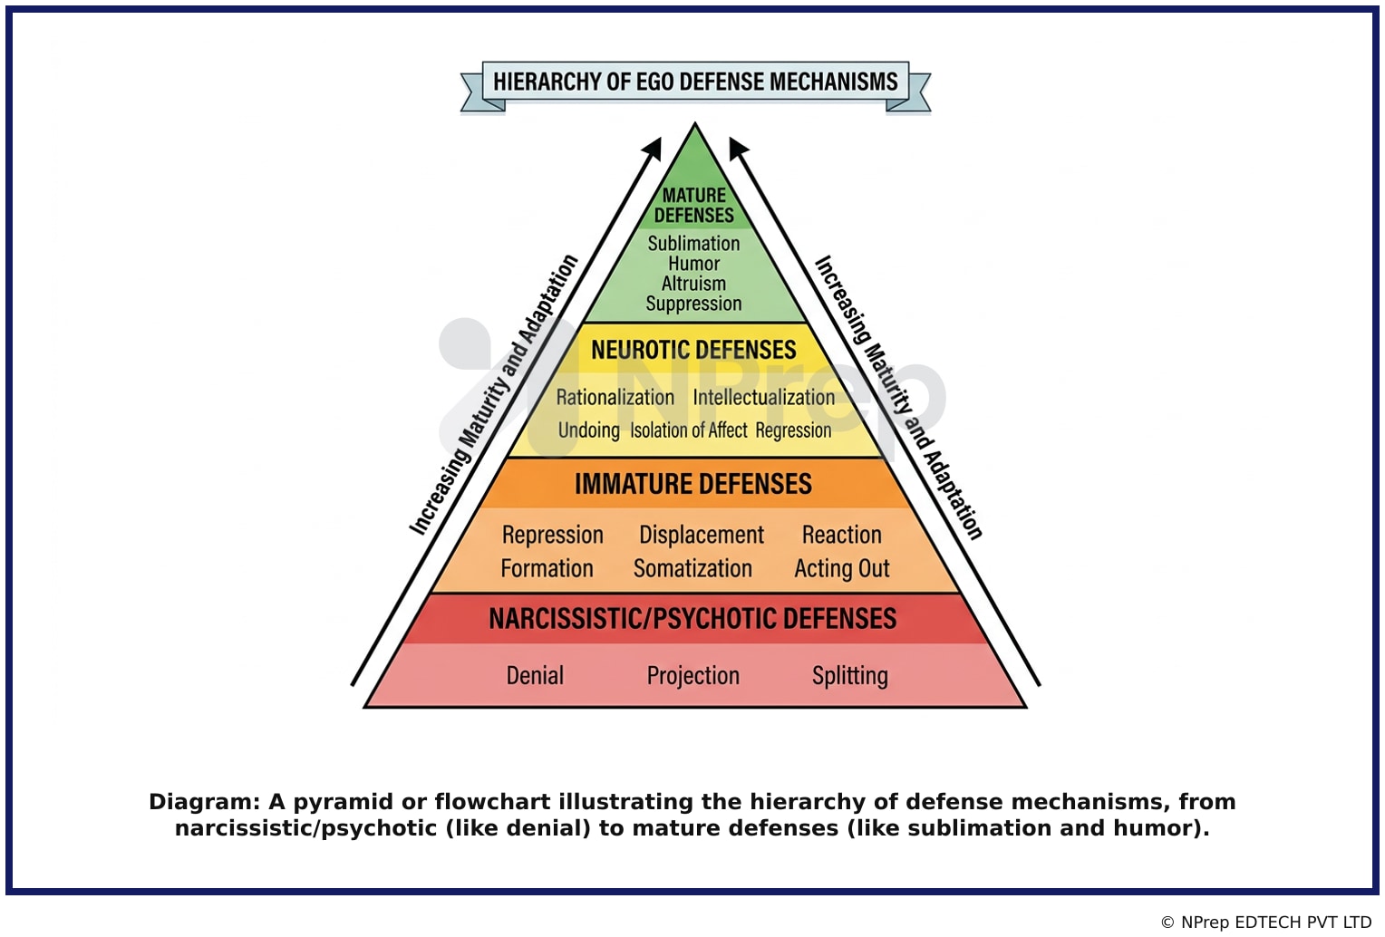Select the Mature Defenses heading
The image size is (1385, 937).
[693, 205]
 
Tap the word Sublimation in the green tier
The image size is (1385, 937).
[693, 244]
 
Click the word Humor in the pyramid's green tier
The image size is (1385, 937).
[693, 264]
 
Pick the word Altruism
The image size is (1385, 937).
[693, 284]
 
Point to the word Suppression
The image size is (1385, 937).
[693, 304]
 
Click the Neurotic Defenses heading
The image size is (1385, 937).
[693, 350]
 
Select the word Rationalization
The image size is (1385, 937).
[615, 398]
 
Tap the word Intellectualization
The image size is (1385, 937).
[763, 398]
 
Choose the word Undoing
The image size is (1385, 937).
[588, 430]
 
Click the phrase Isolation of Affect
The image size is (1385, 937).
[689, 430]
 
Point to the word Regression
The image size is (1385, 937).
[793, 430]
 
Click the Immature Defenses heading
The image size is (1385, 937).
[693, 484]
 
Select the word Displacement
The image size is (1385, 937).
[702, 536]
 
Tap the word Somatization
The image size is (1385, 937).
[693, 568]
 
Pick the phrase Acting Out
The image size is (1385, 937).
[842, 568]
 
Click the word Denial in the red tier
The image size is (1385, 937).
[535, 675]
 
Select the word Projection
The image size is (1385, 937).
[693, 675]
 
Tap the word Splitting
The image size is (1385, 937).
[850, 675]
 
